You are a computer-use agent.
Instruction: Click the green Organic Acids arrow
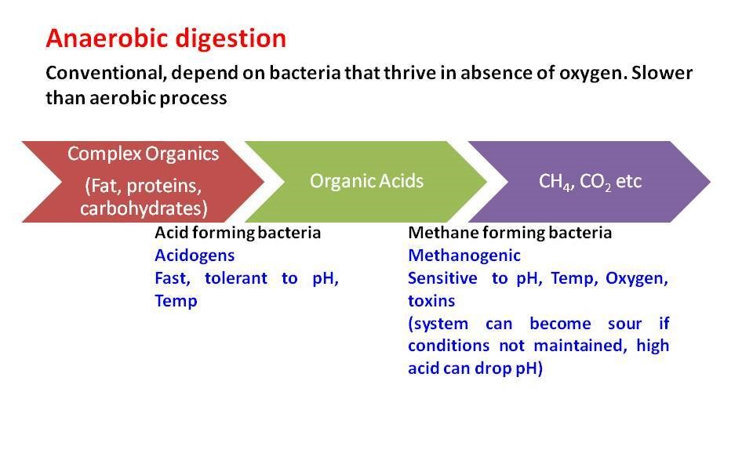coord(366,181)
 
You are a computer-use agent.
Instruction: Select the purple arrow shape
coord(589,181)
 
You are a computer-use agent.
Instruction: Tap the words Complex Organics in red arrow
coord(143,154)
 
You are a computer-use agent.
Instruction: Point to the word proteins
coord(164,186)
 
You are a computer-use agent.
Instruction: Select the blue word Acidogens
coord(195,256)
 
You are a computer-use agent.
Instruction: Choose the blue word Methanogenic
coord(464,256)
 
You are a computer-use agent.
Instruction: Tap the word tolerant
coord(236,277)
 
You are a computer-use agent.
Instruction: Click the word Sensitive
coord(442,277)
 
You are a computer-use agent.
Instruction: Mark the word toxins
coord(431,301)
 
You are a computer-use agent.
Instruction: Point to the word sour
coord(625,324)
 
